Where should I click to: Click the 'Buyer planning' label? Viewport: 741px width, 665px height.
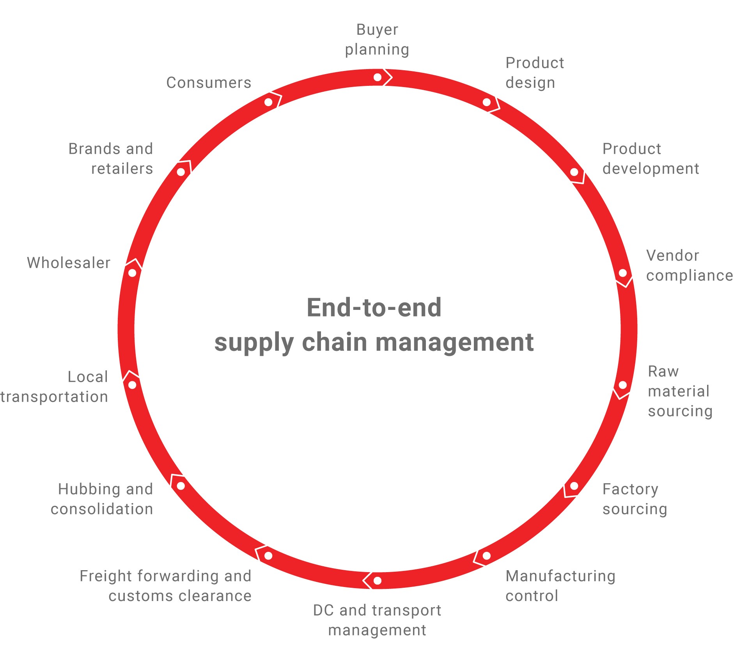377,40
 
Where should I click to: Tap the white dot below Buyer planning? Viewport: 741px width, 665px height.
378,77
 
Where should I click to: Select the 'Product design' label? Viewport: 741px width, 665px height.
535,73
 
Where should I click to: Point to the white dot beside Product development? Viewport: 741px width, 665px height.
574,172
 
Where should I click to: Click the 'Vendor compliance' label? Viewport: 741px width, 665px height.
690,265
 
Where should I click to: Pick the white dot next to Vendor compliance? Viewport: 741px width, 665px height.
623,273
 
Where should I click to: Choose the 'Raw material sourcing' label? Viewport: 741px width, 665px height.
680,391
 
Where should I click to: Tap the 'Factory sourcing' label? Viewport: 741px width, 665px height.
635,499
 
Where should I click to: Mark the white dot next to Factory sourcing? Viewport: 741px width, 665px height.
574,486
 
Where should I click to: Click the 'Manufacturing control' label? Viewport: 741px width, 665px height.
560,586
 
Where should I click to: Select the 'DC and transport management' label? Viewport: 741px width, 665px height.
377,620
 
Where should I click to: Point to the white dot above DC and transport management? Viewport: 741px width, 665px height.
378,581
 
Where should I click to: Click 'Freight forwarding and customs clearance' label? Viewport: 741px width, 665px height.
165,586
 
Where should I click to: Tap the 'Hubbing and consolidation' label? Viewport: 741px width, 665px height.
102,499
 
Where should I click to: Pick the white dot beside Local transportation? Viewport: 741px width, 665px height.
132,385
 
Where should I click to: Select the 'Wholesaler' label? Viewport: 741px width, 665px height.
69,263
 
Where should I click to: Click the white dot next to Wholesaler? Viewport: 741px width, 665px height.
132,273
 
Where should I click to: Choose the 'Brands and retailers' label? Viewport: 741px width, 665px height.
111,159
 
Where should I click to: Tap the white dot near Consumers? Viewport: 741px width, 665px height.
268,102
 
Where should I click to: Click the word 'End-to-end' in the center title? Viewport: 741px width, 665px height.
374,308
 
